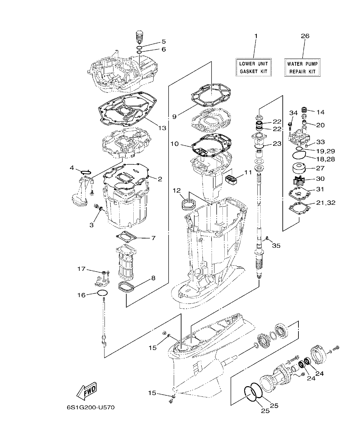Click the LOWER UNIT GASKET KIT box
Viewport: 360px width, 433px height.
click(254, 67)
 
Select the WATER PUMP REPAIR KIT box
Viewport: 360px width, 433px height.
click(303, 67)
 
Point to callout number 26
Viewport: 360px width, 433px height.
click(305, 36)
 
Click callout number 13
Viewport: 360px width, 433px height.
click(162, 128)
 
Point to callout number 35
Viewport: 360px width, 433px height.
click(276, 246)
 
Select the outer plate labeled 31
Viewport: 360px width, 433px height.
click(299, 193)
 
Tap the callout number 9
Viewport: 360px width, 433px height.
click(174, 117)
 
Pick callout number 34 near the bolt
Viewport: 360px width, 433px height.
click(293, 112)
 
